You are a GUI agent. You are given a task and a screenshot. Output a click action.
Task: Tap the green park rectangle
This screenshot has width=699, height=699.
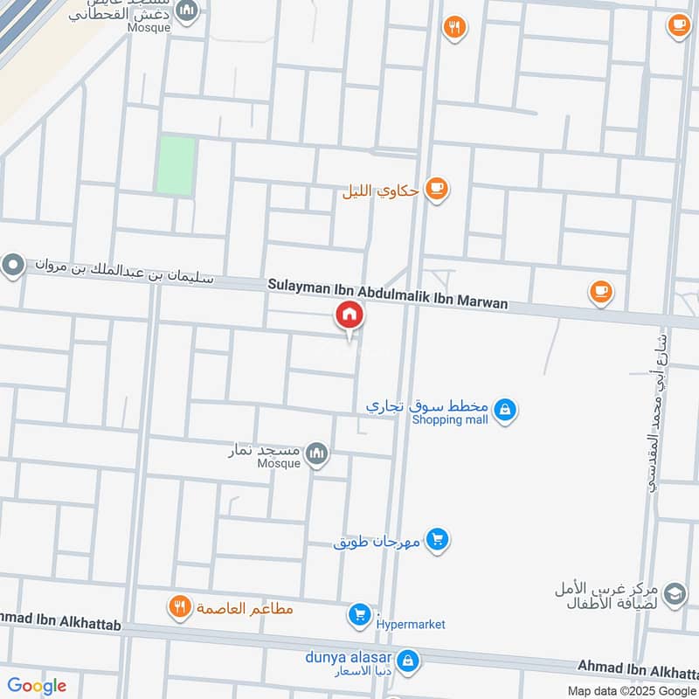pyautogui.click(x=176, y=165)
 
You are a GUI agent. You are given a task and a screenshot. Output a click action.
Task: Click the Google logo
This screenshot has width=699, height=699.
pyautogui.click(x=37, y=686)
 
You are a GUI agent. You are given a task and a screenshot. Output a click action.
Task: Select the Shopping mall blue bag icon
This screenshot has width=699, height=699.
pyautogui.click(x=504, y=408)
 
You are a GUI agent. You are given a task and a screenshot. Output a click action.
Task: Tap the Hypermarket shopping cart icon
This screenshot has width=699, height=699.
pyautogui.click(x=359, y=615)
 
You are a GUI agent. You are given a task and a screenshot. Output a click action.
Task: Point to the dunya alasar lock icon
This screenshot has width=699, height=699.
pyautogui.click(x=406, y=661)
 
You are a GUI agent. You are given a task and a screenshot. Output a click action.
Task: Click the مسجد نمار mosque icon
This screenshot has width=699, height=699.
pyautogui.click(x=317, y=453)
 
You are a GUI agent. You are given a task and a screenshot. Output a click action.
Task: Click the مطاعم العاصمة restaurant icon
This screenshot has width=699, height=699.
pyautogui.click(x=179, y=607)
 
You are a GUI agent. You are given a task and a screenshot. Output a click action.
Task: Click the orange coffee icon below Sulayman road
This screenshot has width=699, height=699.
pyautogui.click(x=600, y=292)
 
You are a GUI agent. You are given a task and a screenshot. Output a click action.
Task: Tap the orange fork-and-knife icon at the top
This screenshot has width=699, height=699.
pyautogui.click(x=453, y=27)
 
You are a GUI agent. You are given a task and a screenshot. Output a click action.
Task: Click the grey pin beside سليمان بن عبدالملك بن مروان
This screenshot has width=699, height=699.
pyautogui.click(x=13, y=264)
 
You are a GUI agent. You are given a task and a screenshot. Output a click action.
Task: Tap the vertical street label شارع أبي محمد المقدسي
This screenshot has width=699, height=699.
pyautogui.click(x=654, y=412)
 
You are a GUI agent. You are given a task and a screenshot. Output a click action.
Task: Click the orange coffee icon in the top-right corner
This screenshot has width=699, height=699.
pyautogui.click(x=678, y=26)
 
